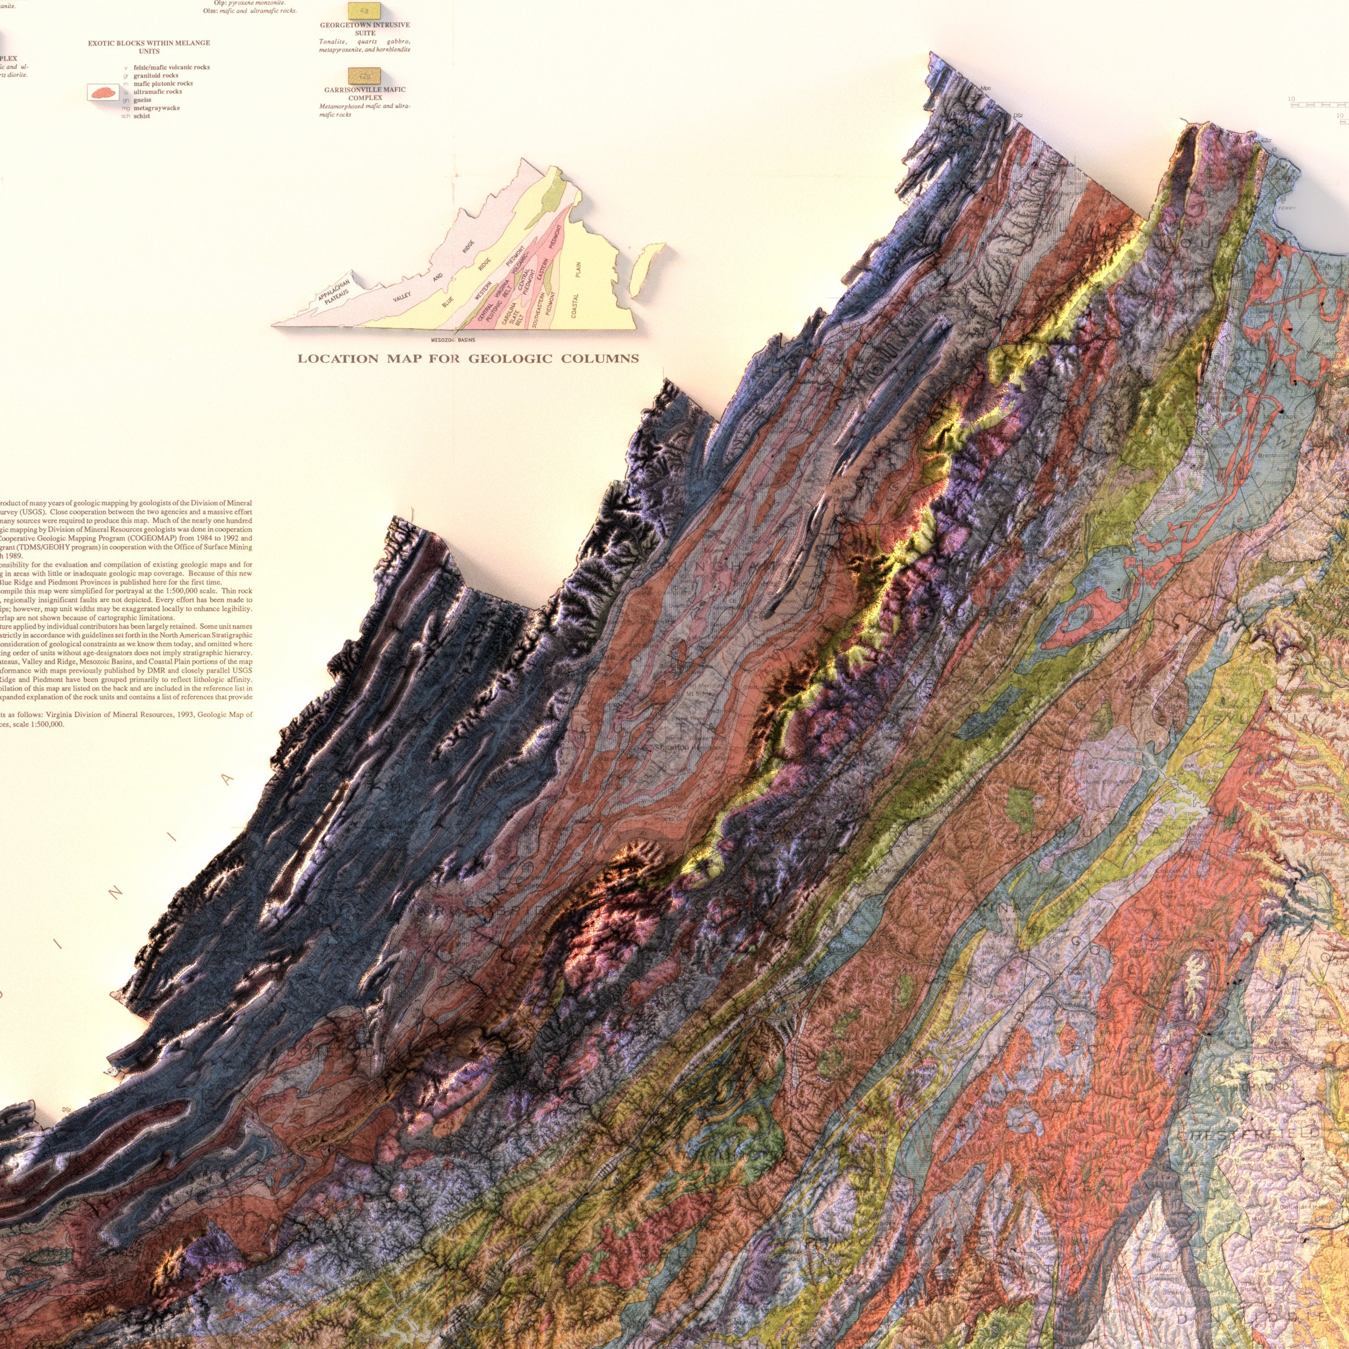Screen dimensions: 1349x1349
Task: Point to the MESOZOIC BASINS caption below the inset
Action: click(x=453, y=340)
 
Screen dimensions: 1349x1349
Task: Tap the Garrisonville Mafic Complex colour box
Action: click(x=364, y=75)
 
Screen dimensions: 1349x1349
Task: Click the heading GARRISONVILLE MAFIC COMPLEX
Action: click(x=364, y=93)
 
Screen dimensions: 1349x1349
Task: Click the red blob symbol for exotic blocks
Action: click(x=102, y=92)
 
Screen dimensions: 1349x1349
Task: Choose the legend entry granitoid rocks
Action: click(x=155, y=75)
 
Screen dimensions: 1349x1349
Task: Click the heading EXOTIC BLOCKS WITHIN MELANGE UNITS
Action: click(x=149, y=47)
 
